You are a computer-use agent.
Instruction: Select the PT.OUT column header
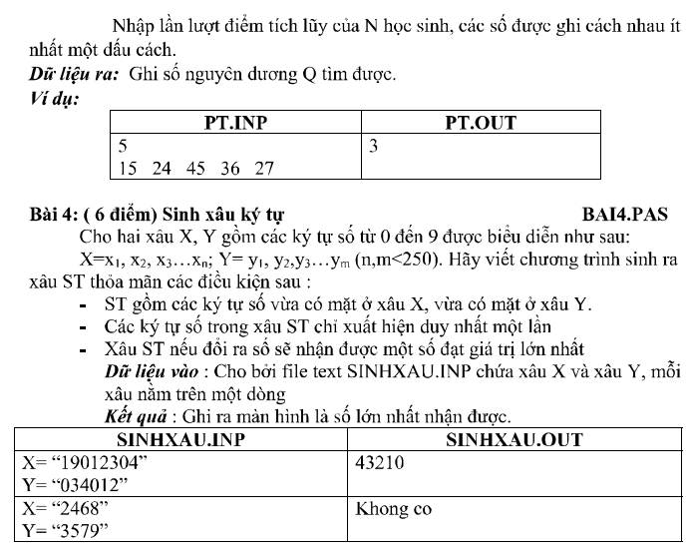pos(481,124)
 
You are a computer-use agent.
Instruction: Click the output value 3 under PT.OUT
pos(373,146)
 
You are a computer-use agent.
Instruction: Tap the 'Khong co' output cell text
pos(394,508)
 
